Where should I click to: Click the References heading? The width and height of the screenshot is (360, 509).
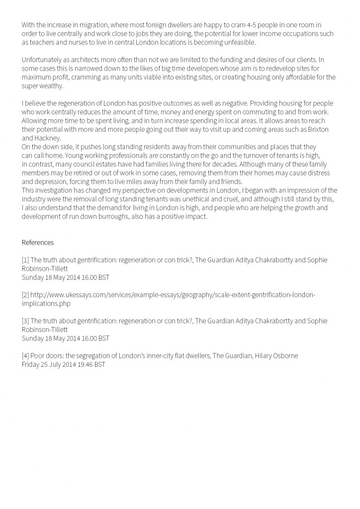[37, 243]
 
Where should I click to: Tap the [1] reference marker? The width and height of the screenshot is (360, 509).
[25, 260]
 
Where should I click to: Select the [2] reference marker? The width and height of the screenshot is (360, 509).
[25, 295]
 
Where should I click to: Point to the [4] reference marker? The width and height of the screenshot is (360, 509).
[25, 356]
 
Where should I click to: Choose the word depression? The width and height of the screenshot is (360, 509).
[50, 181]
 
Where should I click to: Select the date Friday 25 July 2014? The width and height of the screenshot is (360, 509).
[50, 364]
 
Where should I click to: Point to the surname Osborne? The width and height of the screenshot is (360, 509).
[285, 356]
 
